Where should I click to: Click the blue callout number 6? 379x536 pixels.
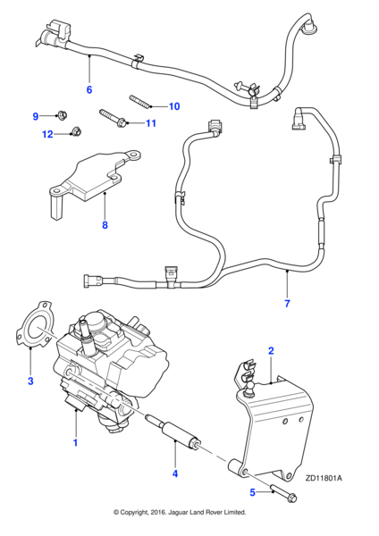pos(89,89)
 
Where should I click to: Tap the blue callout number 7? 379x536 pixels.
pos(287,303)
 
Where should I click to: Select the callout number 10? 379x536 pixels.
pos(174,106)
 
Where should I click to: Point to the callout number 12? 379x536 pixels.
pos(47,134)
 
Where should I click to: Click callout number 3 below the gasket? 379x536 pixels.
pos(30,381)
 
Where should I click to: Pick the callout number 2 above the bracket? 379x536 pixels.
pos(271,351)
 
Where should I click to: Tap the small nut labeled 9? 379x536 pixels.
pos(62,113)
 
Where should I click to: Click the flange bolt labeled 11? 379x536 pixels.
pos(113,118)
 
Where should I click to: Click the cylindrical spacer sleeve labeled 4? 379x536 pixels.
pos(173,431)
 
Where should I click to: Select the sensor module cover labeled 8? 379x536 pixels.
pos(93,181)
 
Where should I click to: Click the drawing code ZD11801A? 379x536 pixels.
pos(324,478)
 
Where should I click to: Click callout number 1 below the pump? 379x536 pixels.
pos(76,443)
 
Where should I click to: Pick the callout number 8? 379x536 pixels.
pos(105,225)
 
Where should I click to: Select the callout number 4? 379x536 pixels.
pos(175,473)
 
